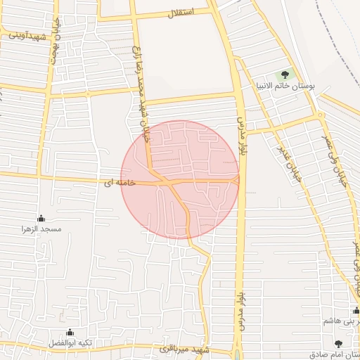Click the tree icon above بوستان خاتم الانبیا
click(285, 73)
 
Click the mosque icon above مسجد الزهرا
click(41, 218)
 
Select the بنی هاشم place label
click(337, 321)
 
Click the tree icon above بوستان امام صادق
click(338, 344)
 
